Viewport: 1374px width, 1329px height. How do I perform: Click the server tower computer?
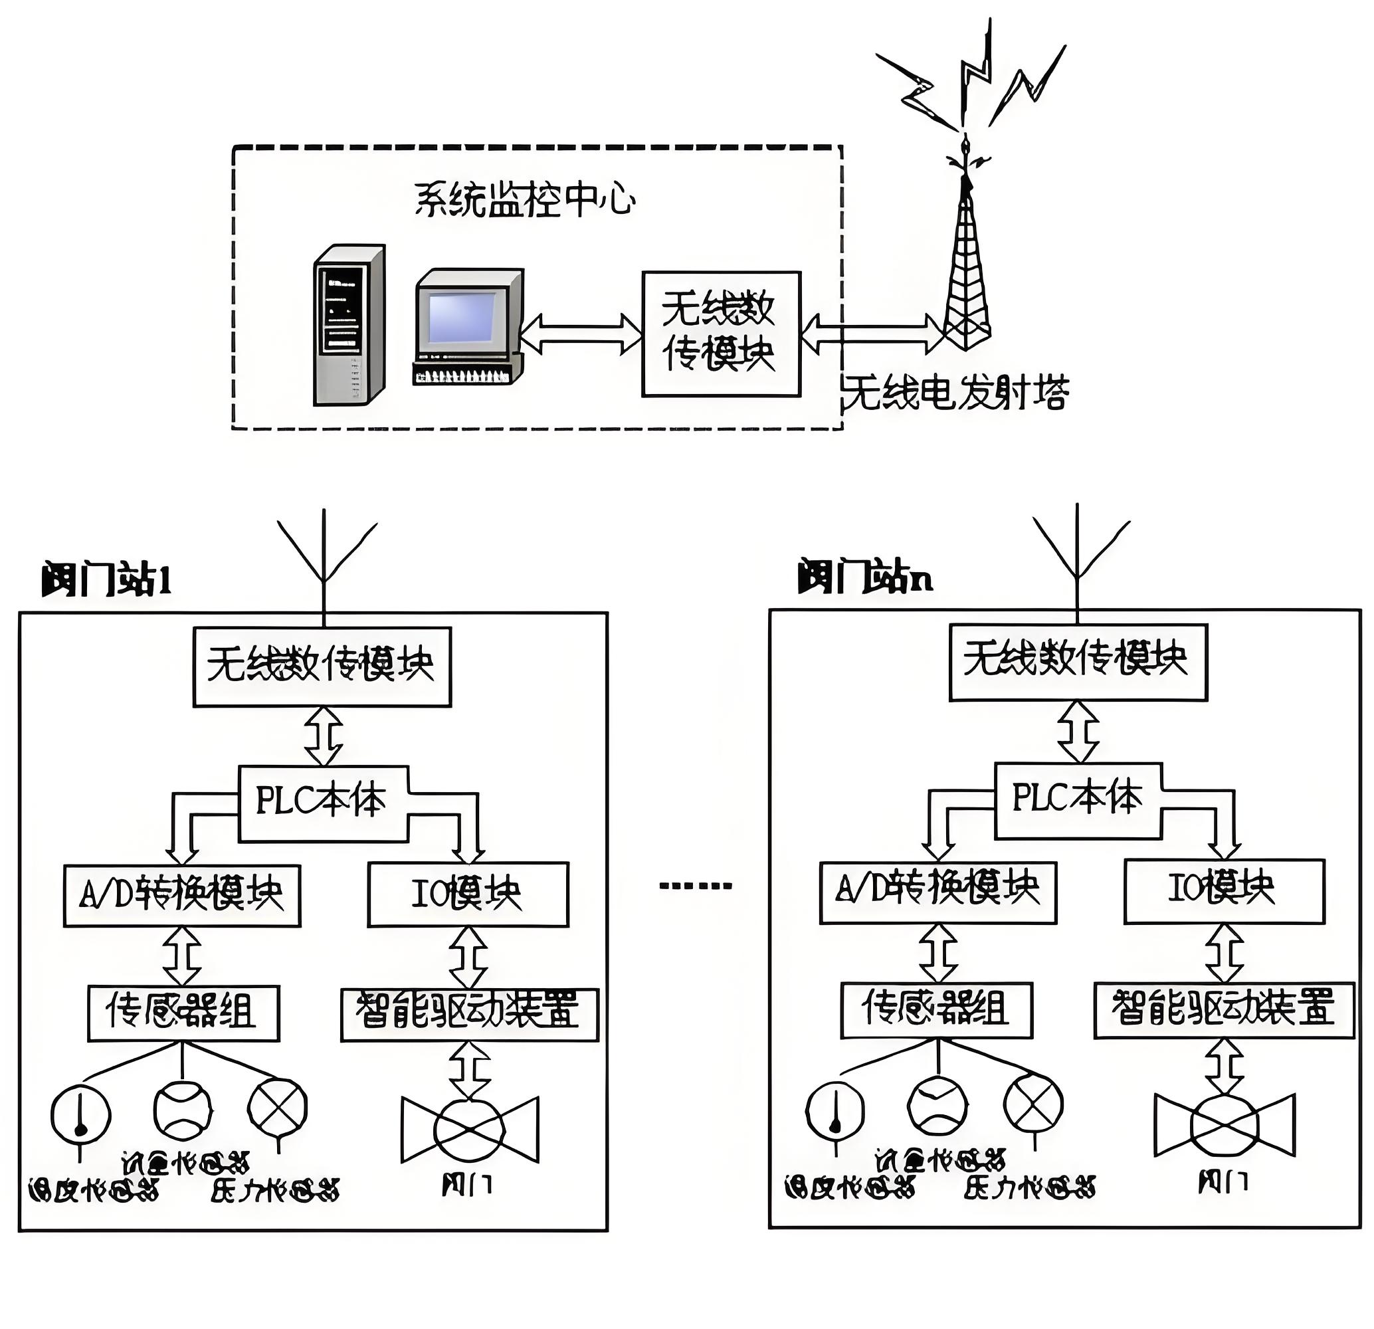(349, 325)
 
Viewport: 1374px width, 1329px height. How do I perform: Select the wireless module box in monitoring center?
(721, 334)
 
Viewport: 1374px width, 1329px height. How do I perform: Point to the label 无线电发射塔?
(957, 393)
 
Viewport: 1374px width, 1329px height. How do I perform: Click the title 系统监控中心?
(524, 200)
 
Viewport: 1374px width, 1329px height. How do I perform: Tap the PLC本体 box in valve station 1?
(322, 803)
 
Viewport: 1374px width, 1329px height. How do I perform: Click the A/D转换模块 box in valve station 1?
(182, 896)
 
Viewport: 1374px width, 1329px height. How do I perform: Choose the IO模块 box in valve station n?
(1224, 892)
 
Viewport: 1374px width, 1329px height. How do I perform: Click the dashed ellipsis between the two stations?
(696, 886)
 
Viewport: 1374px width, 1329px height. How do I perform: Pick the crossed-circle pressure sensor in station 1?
(278, 1108)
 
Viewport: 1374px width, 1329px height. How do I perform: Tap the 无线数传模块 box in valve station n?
(1078, 662)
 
